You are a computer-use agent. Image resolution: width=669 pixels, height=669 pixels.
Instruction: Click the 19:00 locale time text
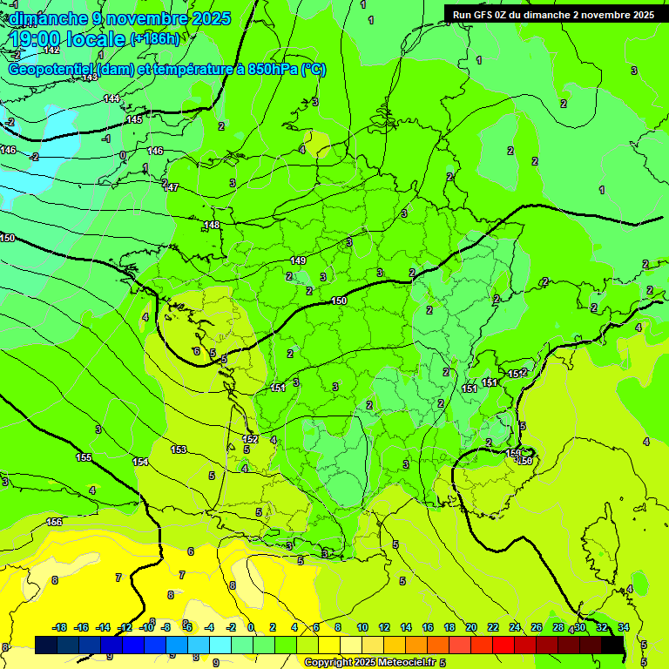coord(68,39)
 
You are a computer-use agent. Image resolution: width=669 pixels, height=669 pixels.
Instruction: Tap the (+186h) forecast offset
coord(154,38)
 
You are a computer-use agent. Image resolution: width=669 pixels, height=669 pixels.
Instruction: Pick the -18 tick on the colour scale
coord(59,627)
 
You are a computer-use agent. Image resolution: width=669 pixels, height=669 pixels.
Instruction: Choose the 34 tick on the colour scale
coord(624,627)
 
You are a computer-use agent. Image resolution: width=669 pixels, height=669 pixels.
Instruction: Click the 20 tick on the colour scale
coord(470,627)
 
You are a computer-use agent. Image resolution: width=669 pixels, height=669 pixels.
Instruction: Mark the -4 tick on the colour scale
coord(209,627)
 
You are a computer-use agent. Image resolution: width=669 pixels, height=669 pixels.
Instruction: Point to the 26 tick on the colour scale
coord(537,627)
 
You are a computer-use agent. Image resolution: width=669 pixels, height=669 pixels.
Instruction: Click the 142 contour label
coord(51,51)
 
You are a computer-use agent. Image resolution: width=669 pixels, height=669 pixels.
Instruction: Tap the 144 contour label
coord(111,98)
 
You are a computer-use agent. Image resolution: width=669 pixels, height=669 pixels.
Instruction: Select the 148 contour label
coord(212,226)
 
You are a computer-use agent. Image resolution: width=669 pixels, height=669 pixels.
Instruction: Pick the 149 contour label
coord(298,260)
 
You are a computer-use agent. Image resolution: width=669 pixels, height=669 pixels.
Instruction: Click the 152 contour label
coord(250,439)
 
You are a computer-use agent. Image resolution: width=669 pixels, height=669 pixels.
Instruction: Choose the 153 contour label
coord(179,449)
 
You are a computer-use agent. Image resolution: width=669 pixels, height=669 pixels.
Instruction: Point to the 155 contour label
coord(84,457)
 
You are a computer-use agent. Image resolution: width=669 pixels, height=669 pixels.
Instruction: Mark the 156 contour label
coord(54,522)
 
